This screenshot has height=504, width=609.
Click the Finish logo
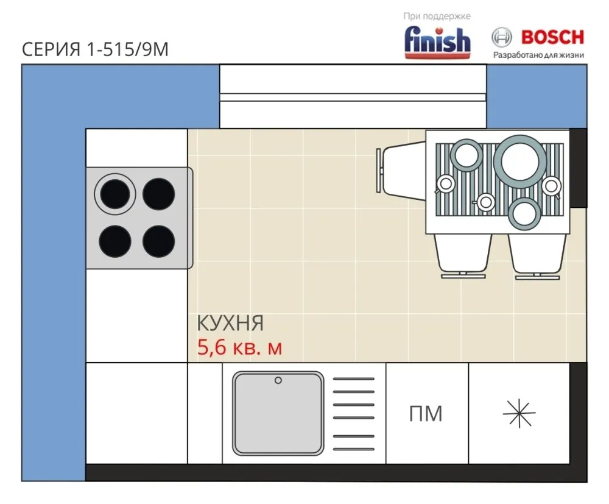437,43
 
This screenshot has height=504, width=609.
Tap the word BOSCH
553,37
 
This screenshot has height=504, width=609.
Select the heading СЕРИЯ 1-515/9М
95,49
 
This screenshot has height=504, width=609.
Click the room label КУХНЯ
230,323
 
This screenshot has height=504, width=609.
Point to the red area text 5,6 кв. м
239,347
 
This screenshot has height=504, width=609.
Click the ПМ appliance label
426,413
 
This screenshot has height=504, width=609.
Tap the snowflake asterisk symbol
519,413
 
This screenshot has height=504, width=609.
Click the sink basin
278,413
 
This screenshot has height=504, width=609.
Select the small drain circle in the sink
278,380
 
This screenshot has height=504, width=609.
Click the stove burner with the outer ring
115,194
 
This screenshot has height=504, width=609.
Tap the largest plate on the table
520,161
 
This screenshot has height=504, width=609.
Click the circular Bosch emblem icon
501,38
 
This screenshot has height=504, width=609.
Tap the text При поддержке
437,16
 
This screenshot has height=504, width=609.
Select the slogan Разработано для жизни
538,55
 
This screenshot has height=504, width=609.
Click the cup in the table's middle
485,202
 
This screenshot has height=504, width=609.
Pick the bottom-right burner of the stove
158,241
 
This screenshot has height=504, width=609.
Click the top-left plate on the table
466,155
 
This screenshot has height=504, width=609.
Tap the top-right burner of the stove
158,194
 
